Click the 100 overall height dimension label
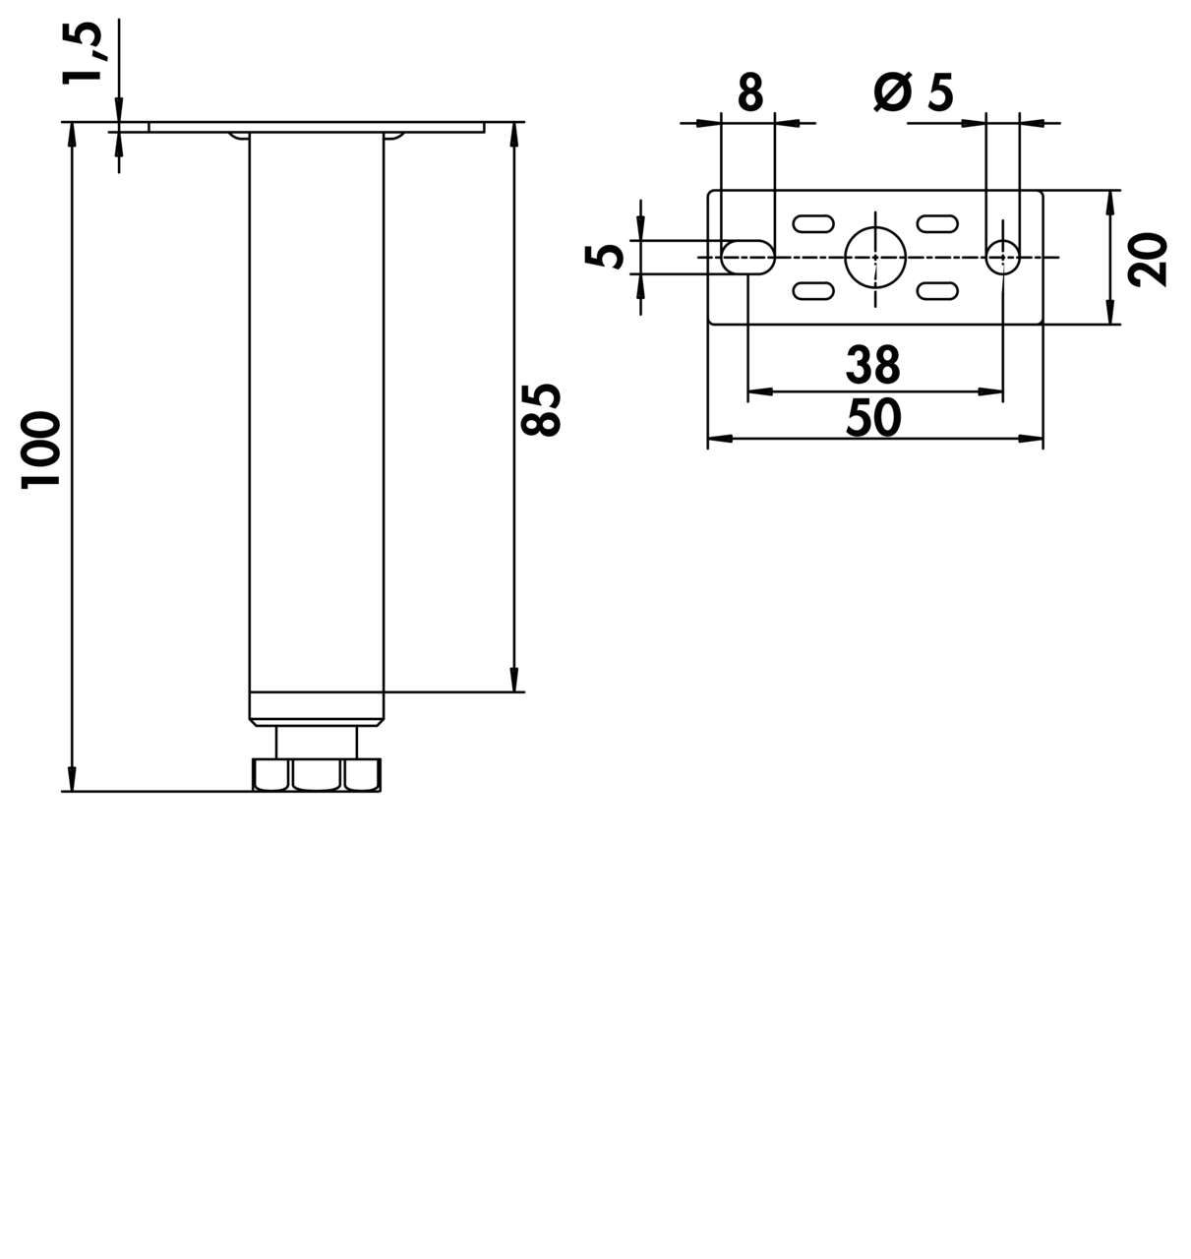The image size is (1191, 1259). (x=42, y=450)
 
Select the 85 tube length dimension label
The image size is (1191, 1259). (x=542, y=408)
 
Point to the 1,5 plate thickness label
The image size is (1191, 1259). (x=83, y=53)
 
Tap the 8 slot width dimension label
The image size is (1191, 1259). (x=749, y=94)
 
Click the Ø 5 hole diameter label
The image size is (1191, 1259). (x=914, y=93)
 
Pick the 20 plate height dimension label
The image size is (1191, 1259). (x=1148, y=259)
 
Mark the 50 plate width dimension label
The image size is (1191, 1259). (x=873, y=418)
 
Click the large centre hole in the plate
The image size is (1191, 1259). (x=874, y=257)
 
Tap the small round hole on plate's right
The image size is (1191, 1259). (x=1002, y=257)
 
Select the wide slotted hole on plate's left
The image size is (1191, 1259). (x=747, y=257)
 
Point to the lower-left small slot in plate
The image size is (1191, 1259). (x=813, y=290)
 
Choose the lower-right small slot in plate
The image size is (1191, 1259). (x=937, y=290)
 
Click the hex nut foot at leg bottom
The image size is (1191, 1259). (x=317, y=774)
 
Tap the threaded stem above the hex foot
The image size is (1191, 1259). (x=317, y=741)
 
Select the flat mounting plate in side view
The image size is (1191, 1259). (x=317, y=127)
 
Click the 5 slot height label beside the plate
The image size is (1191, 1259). (x=606, y=256)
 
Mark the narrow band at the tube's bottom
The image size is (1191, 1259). (x=317, y=706)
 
